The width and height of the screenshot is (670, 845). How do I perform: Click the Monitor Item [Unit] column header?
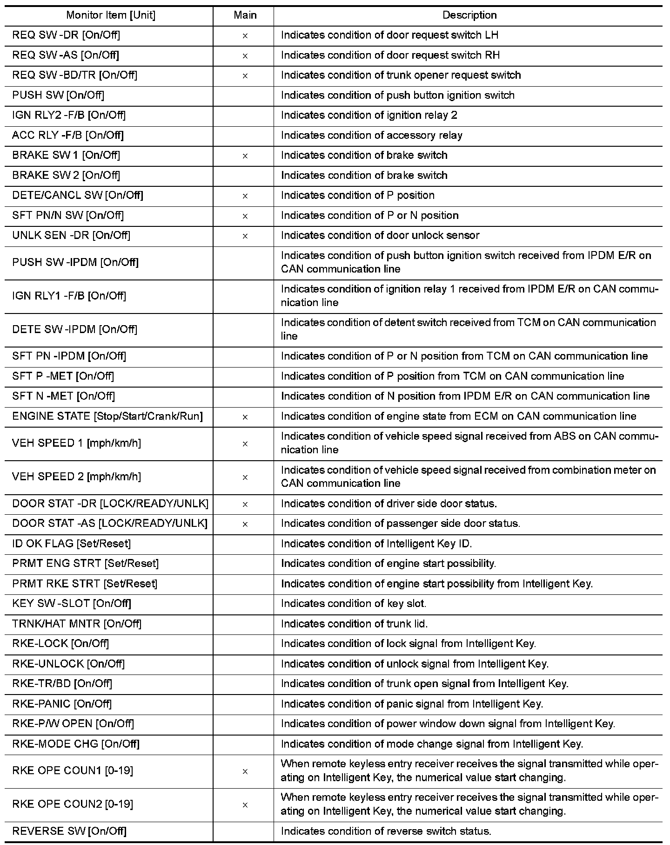(x=111, y=15)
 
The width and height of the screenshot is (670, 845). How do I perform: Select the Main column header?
(x=245, y=15)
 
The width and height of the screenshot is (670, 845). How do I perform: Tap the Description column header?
(x=469, y=15)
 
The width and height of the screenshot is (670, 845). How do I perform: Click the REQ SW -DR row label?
(x=67, y=35)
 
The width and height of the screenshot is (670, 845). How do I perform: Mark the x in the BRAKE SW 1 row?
(x=245, y=156)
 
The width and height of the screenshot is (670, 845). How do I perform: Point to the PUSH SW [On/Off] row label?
(x=58, y=95)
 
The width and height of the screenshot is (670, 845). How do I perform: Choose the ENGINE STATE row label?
(x=107, y=416)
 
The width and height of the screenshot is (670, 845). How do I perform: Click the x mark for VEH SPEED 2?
(x=245, y=477)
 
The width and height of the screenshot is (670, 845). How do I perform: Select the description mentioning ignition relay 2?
(x=369, y=116)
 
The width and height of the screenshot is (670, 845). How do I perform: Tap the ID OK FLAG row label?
(x=71, y=544)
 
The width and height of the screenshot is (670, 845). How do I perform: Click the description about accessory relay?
(x=371, y=136)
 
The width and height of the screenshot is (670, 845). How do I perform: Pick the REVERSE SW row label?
(x=69, y=831)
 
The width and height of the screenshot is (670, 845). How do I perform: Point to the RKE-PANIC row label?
(x=62, y=704)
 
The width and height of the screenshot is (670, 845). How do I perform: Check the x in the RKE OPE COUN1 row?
(x=245, y=772)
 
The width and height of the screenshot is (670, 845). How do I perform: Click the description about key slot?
(x=353, y=604)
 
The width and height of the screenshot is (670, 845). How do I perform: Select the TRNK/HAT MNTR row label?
(x=77, y=624)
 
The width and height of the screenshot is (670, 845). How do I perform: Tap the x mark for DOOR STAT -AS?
(x=245, y=525)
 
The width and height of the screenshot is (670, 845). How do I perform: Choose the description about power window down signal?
(x=448, y=724)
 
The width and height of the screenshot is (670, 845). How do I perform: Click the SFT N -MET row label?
(x=63, y=396)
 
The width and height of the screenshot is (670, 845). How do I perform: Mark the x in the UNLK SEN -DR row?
(x=245, y=236)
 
